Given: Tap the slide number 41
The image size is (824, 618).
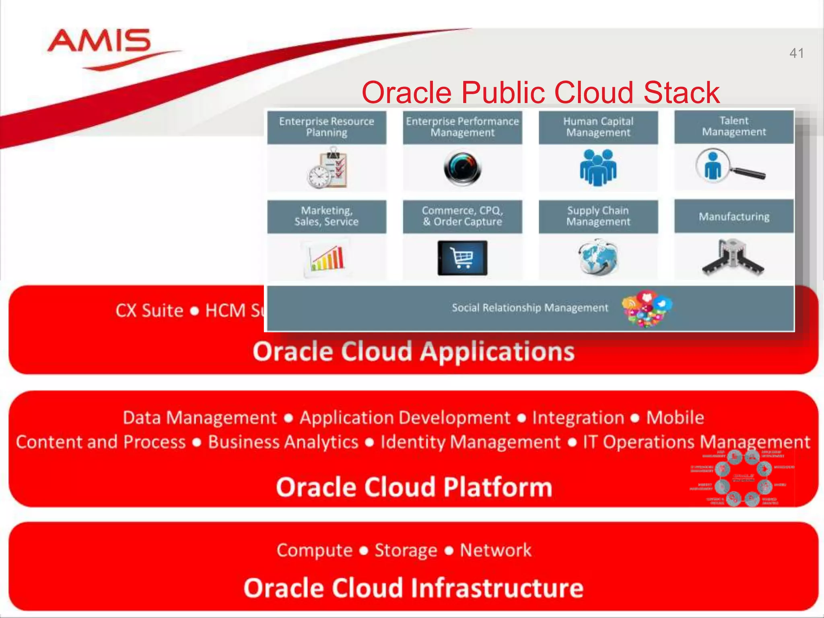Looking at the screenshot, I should coord(796,53).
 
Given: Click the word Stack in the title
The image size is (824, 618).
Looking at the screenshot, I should coord(682,93).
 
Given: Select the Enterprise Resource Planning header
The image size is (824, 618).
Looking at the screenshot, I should coord(326,127).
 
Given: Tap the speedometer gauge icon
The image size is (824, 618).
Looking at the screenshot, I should coord(462,168).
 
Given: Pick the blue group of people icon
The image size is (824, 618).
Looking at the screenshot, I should coord(598,167).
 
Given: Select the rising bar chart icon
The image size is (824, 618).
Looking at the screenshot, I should coord(327,257).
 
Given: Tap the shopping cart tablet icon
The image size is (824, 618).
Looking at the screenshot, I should coord(462,257).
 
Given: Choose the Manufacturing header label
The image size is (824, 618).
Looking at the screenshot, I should coord(734,216).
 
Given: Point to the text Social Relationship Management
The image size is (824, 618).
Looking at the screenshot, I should coord(529,308).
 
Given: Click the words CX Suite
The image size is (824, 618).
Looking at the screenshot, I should coord(149,311).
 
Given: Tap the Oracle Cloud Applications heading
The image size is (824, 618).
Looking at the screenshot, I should coord(414,352).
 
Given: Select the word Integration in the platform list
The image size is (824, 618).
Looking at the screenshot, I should coord(578,418).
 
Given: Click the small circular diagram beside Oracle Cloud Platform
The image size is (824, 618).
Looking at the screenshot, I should coord(743,478).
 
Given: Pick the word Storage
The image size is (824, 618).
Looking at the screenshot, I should coord(406,550).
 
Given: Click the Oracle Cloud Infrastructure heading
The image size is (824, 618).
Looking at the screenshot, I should coord(414,588).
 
